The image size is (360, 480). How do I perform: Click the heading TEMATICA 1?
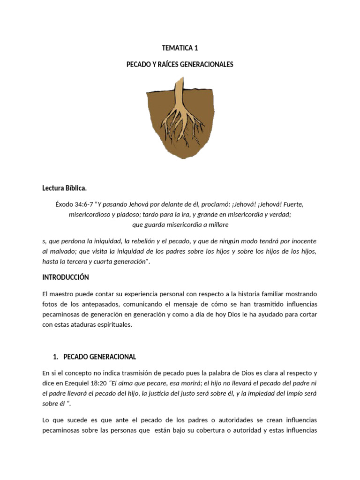(x=180, y=48)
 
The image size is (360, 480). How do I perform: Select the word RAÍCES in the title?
(x=165, y=64)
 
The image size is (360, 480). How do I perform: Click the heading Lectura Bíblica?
(x=64, y=188)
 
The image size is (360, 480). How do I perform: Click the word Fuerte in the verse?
(x=294, y=205)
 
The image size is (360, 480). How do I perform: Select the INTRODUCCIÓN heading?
(x=65, y=277)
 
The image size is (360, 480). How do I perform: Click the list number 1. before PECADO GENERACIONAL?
(x=57, y=357)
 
